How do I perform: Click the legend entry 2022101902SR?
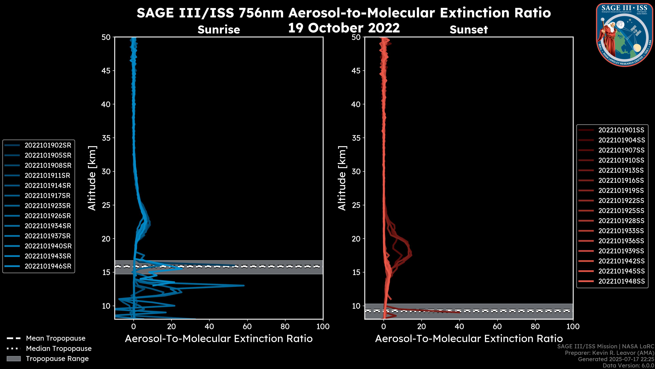tap(48, 145)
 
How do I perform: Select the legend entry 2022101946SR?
tap(48, 266)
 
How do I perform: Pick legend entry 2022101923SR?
tap(48, 206)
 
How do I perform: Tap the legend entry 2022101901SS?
tap(621, 130)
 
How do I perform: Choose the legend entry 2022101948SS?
tap(621, 281)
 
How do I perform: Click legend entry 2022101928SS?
tap(621, 221)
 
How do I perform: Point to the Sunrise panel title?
tap(219, 30)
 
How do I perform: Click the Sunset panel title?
tap(469, 30)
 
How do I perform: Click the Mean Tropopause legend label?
tap(56, 338)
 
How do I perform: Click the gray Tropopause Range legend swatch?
tap(14, 359)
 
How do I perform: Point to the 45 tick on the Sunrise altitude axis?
tap(106, 71)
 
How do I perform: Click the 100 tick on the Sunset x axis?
tap(573, 326)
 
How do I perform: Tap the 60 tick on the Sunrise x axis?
tap(247, 326)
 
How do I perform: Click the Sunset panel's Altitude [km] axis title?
tap(342, 178)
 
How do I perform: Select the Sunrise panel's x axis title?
tap(219, 339)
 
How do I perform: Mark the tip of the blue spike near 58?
tap(244, 285)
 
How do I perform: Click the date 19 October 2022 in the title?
tap(344, 28)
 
